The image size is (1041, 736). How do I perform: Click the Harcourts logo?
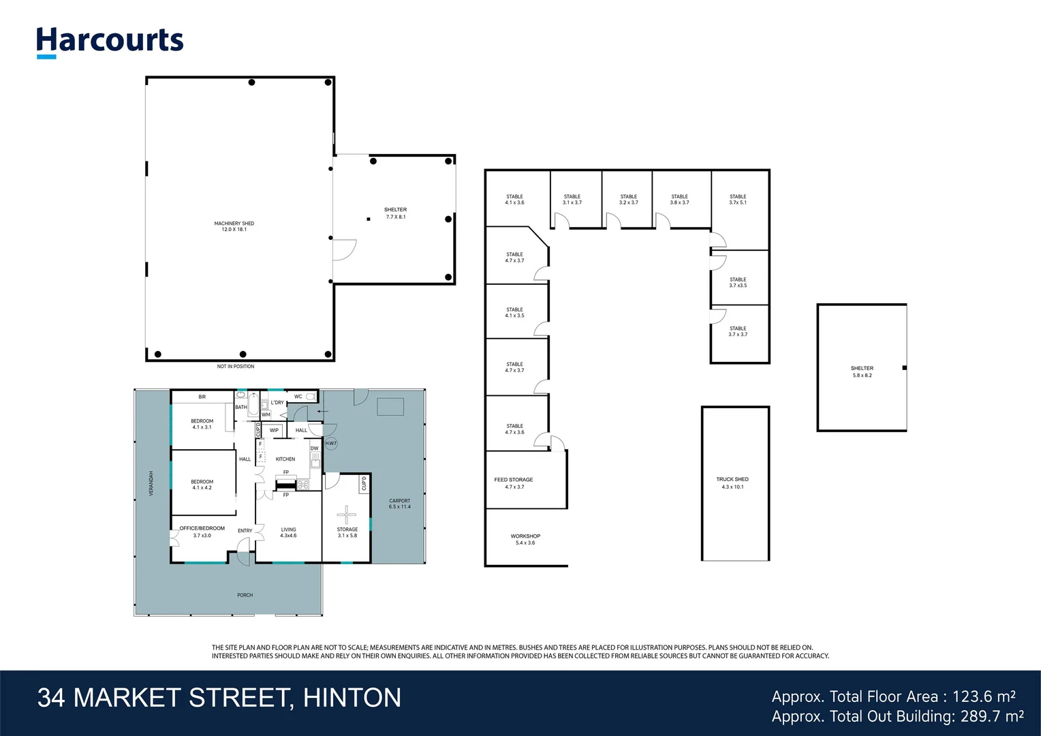(110, 42)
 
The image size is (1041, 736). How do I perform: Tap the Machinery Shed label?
(234, 226)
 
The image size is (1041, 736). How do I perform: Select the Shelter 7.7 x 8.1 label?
(395, 213)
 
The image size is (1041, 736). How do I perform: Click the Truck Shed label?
(732, 482)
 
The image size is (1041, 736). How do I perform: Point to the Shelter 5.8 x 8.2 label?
(862, 371)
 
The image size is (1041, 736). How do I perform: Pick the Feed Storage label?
(514, 482)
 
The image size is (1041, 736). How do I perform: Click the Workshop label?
(525, 539)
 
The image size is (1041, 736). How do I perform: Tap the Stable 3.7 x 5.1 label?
(738, 199)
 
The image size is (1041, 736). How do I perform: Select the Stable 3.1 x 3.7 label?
(572, 199)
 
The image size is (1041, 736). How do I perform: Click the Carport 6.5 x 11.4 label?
(400, 504)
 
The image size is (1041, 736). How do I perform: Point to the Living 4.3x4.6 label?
(288, 532)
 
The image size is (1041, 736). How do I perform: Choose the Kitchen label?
(285, 459)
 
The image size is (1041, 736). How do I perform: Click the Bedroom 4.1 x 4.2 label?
(202, 485)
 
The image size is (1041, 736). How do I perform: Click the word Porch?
(245, 595)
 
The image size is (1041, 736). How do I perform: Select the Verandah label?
(151, 482)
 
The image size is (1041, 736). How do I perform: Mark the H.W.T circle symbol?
(331, 443)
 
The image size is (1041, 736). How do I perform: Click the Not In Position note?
(236, 367)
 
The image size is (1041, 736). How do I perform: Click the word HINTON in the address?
(352, 698)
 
